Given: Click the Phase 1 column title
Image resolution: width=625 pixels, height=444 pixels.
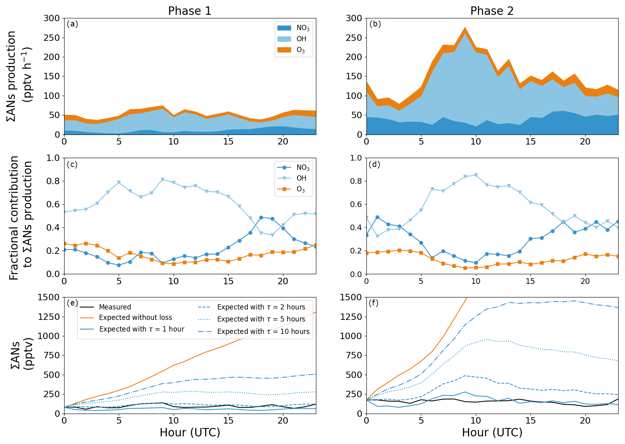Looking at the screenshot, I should [x=190, y=11].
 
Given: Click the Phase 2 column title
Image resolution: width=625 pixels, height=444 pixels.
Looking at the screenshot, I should [x=492, y=11].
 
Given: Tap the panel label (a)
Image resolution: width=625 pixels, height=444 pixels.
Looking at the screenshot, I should [x=73, y=24].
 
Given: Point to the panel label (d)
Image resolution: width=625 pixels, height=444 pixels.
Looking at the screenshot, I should [x=374, y=165].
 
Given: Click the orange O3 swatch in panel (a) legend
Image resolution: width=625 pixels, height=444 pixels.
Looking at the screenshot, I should [x=284, y=50].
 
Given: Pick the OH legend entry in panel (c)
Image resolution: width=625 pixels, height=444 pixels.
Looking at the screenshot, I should [x=301, y=178].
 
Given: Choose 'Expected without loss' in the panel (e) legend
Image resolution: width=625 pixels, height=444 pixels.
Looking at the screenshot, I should [x=135, y=317].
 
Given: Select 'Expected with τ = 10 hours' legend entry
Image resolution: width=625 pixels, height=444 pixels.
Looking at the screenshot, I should [x=263, y=331].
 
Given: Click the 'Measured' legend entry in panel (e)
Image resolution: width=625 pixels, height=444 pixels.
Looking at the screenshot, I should [x=115, y=307].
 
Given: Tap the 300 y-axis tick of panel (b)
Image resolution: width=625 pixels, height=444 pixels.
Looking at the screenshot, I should [x=354, y=18].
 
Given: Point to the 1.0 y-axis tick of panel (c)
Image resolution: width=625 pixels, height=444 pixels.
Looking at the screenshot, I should [x=53, y=158].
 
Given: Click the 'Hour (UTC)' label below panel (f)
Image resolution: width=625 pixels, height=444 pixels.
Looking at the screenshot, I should [x=492, y=433].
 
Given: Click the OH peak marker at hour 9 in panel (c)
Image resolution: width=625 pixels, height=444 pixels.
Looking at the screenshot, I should [x=162, y=179].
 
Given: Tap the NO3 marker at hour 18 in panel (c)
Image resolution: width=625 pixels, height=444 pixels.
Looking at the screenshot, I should [x=261, y=217].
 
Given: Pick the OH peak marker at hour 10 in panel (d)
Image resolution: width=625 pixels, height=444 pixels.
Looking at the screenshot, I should [x=476, y=175].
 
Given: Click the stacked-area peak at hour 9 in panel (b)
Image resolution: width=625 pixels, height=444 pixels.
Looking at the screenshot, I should [x=465, y=28].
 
